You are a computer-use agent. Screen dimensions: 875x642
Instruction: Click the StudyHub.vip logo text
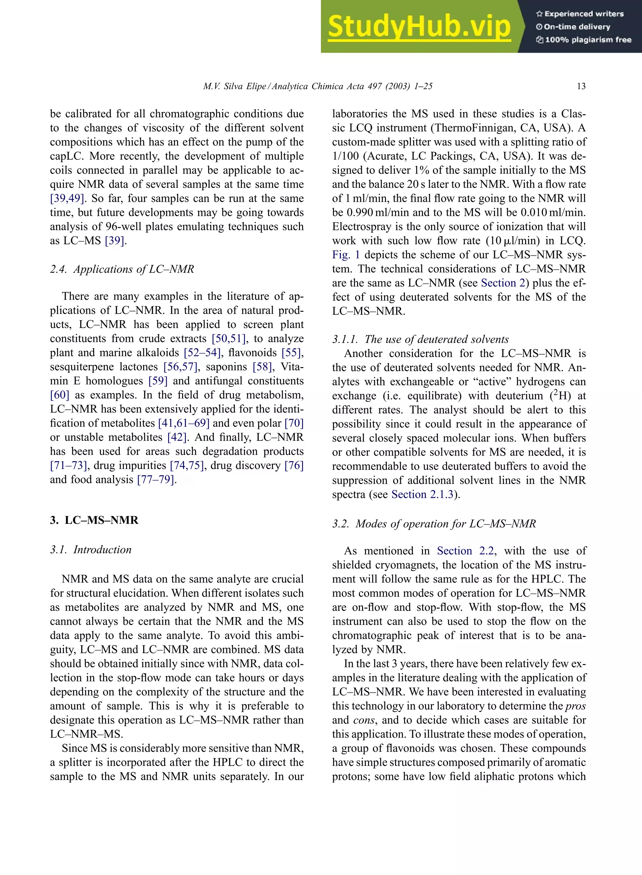pyautogui.click(x=419, y=27)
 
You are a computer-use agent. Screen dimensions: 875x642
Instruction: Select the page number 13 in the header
pyautogui.click(x=581, y=86)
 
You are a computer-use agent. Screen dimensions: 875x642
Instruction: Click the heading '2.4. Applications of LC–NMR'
pyautogui.click(x=122, y=269)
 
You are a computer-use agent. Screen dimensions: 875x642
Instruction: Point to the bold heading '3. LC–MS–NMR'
pyautogui.click(x=94, y=520)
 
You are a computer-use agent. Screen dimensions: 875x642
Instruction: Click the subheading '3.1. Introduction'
pyautogui.click(x=91, y=549)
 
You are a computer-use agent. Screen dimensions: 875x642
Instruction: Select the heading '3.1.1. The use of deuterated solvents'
pyautogui.click(x=420, y=339)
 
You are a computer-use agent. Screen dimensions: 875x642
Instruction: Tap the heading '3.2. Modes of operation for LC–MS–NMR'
pyautogui.click(x=434, y=523)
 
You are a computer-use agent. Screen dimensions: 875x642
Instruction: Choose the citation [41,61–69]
pyautogui.click(x=183, y=423)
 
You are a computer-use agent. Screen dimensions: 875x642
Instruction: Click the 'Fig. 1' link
pyautogui.click(x=346, y=255)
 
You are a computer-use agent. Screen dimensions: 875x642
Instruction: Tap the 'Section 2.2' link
pyautogui.click(x=465, y=551)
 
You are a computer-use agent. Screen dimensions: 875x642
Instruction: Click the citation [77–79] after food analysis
pyautogui.click(x=155, y=479)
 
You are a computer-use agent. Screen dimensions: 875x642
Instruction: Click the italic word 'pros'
pyautogui.click(x=576, y=706)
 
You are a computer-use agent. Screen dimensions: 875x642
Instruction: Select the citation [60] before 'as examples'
pyautogui.click(x=60, y=395)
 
